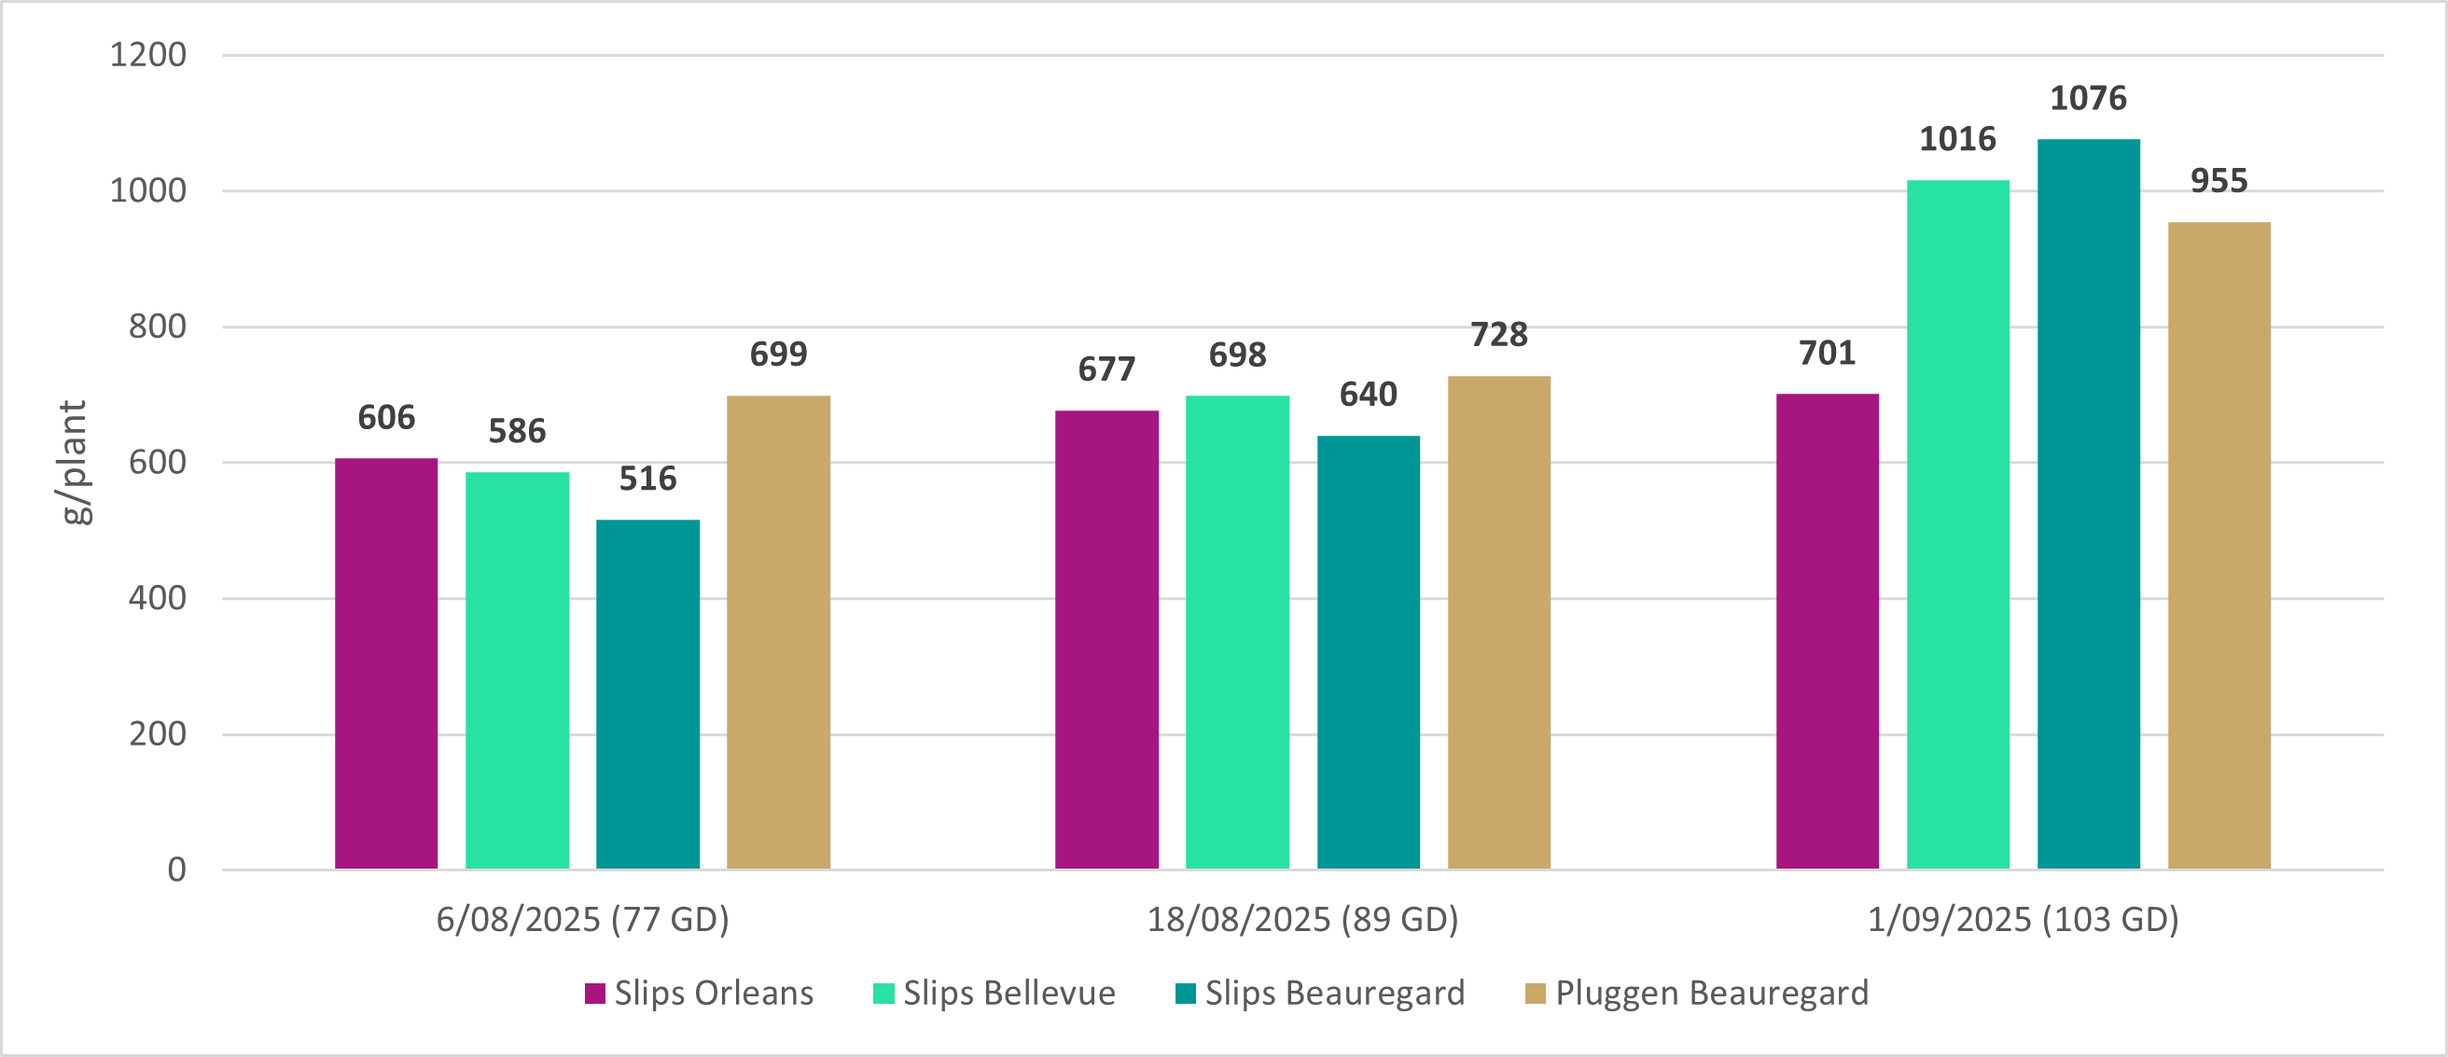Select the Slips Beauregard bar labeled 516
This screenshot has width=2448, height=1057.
[647, 694]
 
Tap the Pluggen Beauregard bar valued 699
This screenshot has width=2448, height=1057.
[778, 633]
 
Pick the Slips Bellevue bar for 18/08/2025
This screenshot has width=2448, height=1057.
[1237, 633]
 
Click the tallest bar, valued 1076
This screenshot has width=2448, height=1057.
[2088, 504]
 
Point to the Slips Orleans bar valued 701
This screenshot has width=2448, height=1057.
[1827, 632]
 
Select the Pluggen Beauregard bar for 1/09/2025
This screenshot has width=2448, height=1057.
[2219, 546]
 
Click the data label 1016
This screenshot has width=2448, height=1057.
[1957, 140]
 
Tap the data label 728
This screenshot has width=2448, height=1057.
[1498, 335]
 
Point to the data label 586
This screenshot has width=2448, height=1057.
[517, 432]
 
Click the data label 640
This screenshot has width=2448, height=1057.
[1368, 395]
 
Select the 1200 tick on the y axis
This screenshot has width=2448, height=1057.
[148, 55]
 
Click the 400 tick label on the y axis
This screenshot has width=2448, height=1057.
[158, 598]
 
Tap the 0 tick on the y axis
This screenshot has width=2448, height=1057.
[176, 869]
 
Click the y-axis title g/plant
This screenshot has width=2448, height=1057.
[73, 462]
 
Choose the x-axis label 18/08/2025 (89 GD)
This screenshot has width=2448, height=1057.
[1302, 919]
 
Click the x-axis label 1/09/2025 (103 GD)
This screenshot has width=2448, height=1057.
[2024, 919]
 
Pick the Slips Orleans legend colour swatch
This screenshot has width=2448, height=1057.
[595, 994]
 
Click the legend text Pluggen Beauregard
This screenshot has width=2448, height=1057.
[1712, 994]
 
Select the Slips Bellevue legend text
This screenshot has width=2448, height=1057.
[1009, 994]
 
